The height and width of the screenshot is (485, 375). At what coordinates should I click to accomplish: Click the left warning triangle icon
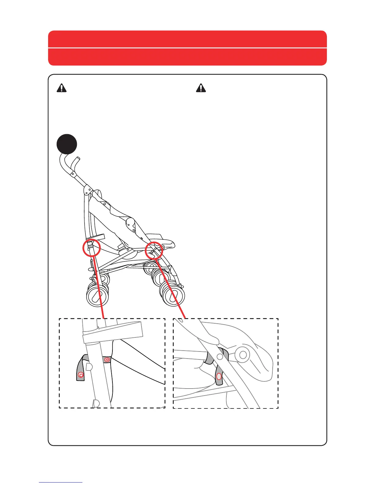62,88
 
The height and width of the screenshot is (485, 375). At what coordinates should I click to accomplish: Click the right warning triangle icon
201,88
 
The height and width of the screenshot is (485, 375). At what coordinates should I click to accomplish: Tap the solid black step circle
67,144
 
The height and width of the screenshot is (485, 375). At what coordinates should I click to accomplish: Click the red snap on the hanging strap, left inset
81,375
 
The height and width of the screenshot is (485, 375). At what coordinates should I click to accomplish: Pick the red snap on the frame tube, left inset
107,359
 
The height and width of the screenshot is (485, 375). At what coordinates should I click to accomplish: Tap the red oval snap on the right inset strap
219,376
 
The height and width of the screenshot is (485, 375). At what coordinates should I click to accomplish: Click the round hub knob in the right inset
243,355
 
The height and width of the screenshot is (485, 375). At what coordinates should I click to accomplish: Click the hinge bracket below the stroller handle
88,190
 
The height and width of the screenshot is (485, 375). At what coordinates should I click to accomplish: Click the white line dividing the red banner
187,48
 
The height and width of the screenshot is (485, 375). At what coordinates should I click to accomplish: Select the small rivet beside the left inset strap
89,367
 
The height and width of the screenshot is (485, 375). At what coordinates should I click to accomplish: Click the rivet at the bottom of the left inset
96,403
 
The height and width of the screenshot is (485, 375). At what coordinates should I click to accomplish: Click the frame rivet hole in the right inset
220,356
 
